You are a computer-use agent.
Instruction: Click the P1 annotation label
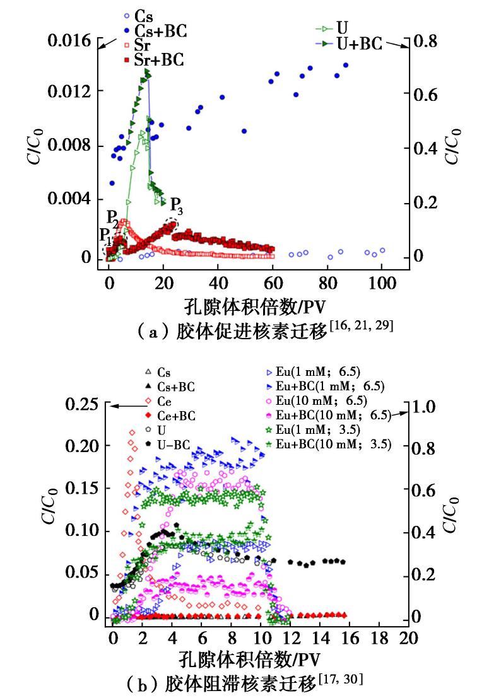(x=106, y=235)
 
